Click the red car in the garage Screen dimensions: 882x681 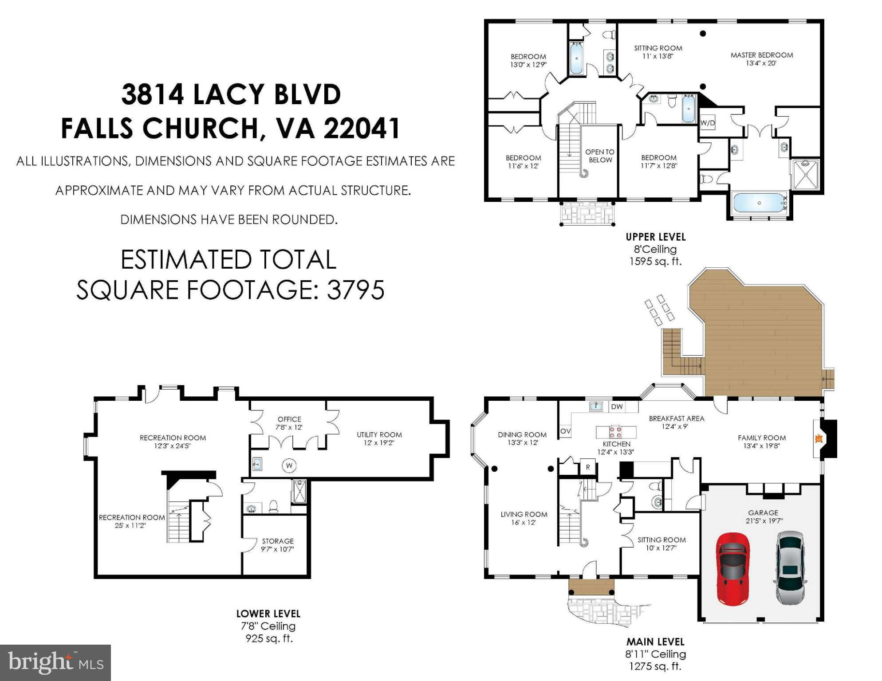pos(732,569)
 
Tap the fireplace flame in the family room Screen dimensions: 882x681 pos(819,438)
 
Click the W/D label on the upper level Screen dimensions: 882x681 pos(707,123)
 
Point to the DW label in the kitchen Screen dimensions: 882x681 pos(617,407)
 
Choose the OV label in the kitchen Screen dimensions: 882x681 pos(565,431)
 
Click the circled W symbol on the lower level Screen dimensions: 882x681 pos(289,466)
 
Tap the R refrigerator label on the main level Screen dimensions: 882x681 pos(588,467)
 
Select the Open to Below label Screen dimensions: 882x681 pos(600,156)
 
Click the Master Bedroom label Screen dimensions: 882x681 pos(762,55)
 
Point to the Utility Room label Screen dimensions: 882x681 pos(379,434)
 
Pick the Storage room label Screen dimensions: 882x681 pos(278,541)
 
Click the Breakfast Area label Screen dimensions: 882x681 pos(677,418)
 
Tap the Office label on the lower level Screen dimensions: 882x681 pos(289,419)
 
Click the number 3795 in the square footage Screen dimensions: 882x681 pos(355,290)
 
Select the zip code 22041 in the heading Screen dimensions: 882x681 pos(362,128)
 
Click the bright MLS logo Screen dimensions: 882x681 pos(55,662)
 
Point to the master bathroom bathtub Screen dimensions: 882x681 pos(759,203)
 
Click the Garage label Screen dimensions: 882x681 pos(763,513)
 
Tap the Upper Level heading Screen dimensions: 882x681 pos(656,237)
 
